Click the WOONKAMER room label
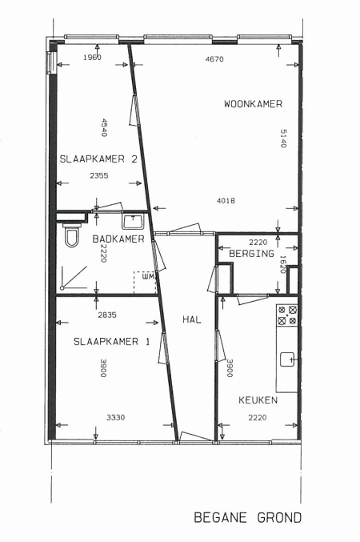point(253,104)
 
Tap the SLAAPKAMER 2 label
point(98,159)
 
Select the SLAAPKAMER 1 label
point(111,342)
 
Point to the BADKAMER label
point(118,239)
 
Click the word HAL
point(192,319)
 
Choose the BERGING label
point(251,253)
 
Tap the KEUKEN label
point(258,400)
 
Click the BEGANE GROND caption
point(248,517)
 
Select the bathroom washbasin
point(133,221)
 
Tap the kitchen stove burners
point(287,315)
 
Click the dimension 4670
point(214,59)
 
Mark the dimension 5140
point(283,139)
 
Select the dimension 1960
point(92,58)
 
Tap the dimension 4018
point(226,200)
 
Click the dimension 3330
point(115,418)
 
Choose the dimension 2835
point(107,315)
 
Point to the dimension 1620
point(282,264)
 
